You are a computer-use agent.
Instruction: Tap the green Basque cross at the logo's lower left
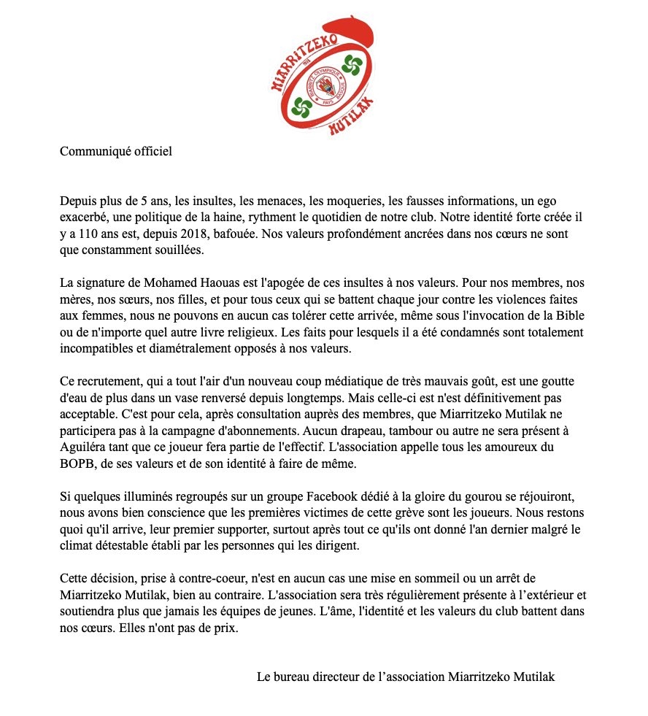tap(299, 107)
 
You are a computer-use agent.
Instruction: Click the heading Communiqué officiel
tap(116, 152)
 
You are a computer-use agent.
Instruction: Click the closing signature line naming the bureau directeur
tap(406, 677)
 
